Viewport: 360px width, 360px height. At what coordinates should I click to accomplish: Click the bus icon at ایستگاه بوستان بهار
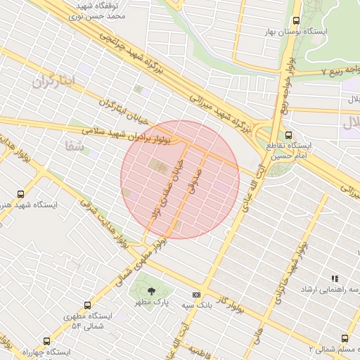296,21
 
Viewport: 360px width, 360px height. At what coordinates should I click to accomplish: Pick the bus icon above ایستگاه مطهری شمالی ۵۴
86,306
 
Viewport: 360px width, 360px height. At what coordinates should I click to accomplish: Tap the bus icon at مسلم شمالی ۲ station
345,338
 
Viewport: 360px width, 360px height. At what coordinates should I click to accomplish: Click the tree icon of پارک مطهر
151,291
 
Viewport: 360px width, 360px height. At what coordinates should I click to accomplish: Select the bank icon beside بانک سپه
196,295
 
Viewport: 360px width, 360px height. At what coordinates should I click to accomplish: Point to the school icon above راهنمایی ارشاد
335,279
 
